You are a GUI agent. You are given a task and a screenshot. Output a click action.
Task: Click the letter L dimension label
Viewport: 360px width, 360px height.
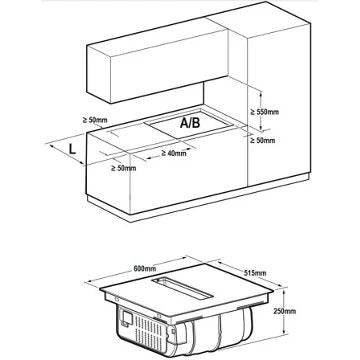74,151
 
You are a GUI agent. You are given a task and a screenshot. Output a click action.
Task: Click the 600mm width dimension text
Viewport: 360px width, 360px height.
147,270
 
